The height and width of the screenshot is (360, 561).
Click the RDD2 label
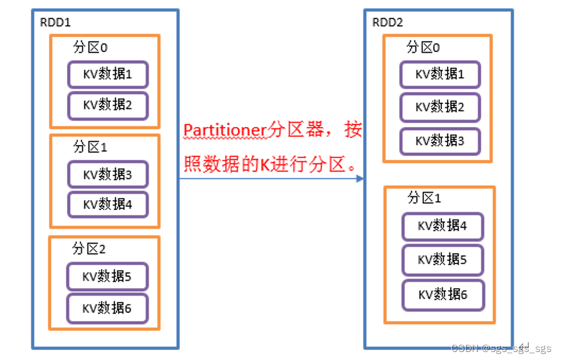[x=387, y=23]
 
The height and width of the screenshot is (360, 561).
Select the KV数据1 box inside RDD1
[x=108, y=74]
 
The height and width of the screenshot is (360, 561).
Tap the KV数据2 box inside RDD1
[x=108, y=105]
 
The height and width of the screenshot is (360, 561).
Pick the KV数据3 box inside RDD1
[x=108, y=175]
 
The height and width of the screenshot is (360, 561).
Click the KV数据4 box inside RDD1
[x=108, y=204]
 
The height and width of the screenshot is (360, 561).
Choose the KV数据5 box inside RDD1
[x=107, y=276]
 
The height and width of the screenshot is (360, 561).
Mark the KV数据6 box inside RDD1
[x=107, y=308]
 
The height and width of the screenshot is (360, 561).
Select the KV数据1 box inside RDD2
[x=440, y=74]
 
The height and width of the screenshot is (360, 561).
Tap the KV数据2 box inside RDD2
[x=440, y=107]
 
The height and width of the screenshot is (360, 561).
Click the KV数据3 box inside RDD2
[x=440, y=141]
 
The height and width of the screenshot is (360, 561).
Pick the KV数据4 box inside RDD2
[x=442, y=226]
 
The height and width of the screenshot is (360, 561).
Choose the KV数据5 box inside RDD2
[x=442, y=260]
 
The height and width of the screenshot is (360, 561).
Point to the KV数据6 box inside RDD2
[x=442, y=294]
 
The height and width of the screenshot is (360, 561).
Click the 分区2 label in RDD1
[x=89, y=249]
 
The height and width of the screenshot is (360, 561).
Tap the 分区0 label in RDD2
[x=423, y=48]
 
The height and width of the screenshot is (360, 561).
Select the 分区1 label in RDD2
[x=424, y=198]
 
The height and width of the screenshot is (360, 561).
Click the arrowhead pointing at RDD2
[x=360, y=178]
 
